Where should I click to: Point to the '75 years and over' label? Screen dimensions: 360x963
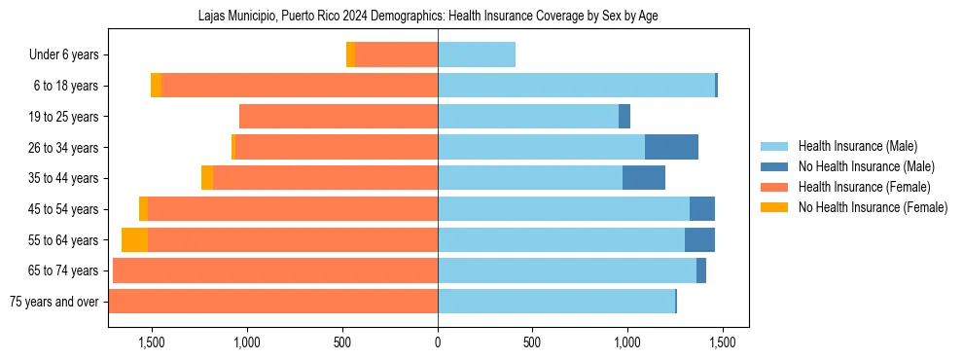click(x=54, y=302)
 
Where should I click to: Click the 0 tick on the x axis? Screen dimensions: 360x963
click(x=438, y=342)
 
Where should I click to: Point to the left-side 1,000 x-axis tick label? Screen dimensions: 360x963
click(x=246, y=342)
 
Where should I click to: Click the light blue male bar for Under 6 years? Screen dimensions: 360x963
click(x=477, y=55)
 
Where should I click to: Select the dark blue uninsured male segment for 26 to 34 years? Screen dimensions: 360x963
click(x=671, y=148)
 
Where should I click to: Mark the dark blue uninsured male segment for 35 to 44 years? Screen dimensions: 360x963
click(x=644, y=178)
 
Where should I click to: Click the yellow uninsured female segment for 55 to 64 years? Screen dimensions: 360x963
click(x=134, y=240)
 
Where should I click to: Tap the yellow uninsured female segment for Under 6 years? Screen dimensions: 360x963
click(x=350, y=55)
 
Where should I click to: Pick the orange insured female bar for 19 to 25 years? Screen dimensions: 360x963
click(x=339, y=117)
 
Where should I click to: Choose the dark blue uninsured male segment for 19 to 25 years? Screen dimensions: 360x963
click(x=624, y=117)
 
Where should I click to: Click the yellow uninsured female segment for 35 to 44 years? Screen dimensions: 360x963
click(x=207, y=178)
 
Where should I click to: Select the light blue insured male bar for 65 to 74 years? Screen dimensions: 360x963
click(x=567, y=270)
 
